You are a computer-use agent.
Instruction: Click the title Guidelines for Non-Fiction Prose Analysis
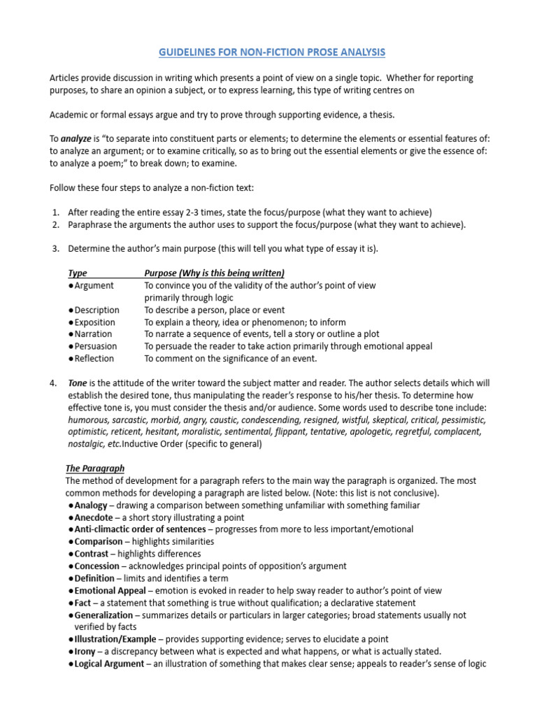(x=271, y=52)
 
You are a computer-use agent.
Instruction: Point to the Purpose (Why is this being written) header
(x=214, y=273)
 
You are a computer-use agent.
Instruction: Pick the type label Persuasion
(x=96, y=346)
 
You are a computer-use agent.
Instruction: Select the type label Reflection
(x=94, y=359)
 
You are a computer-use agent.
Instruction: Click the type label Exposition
(x=95, y=322)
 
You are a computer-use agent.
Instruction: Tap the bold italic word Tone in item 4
(x=78, y=383)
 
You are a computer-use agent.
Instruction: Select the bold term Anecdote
(x=94, y=517)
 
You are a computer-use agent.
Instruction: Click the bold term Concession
(x=98, y=566)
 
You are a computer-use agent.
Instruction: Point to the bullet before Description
(x=71, y=310)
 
